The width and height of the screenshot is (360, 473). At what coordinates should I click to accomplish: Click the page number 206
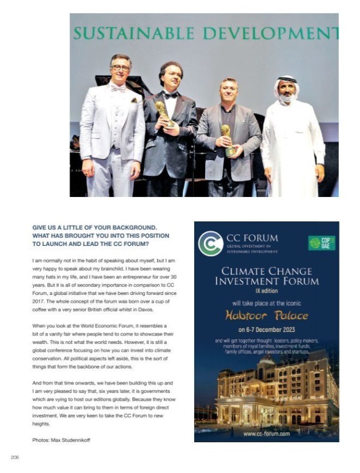pos(15,456)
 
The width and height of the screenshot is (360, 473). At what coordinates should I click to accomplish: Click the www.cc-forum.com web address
pos(266,433)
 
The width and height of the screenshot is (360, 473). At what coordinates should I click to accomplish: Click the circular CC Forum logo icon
pos(210,243)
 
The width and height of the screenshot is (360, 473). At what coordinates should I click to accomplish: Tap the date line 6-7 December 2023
pos(266,330)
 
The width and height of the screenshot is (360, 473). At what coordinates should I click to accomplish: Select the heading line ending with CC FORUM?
pos(91,244)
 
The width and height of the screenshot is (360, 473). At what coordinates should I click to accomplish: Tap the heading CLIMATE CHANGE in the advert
pos(266,271)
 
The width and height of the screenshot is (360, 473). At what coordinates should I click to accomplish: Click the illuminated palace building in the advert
pos(268,387)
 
